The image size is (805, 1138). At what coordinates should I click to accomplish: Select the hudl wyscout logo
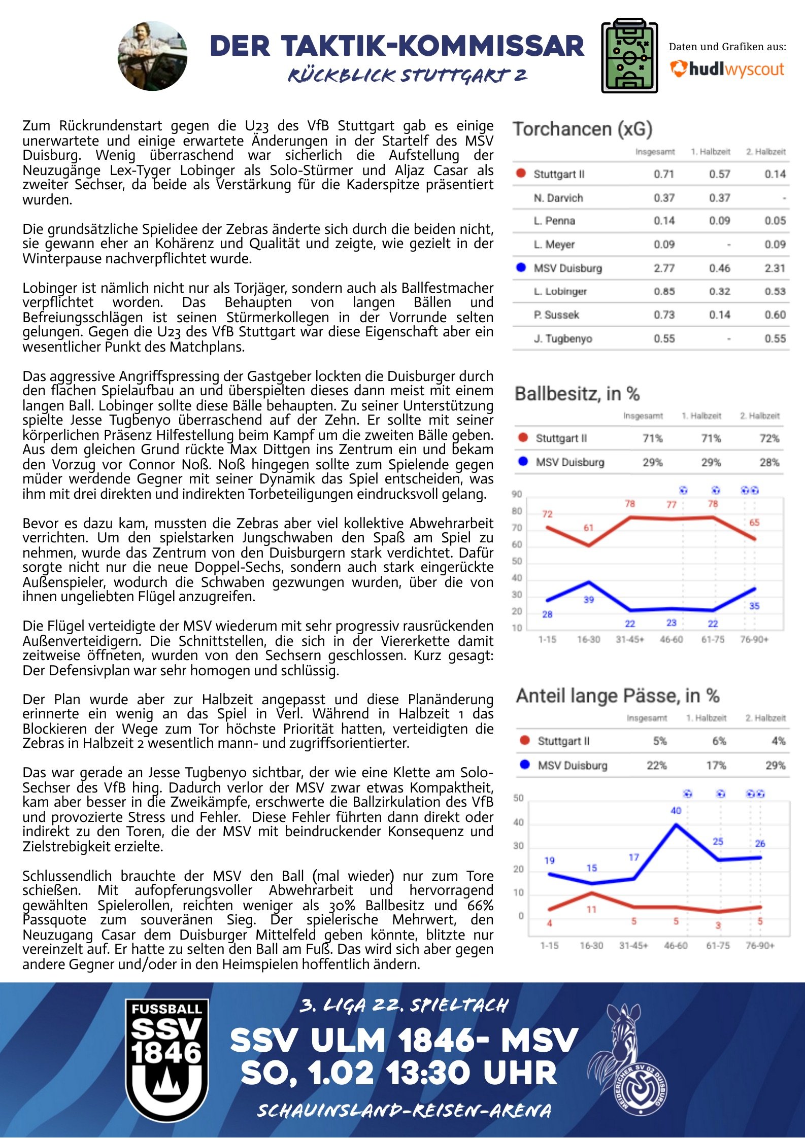(727, 69)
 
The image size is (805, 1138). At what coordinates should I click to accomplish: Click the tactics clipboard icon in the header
(629, 56)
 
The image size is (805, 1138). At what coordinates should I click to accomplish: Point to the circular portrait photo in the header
(152, 56)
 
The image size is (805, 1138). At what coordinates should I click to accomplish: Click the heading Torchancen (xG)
(582, 129)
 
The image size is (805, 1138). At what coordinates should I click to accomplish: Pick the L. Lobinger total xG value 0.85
(664, 292)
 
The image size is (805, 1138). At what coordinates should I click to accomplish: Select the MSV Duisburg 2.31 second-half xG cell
(775, 268)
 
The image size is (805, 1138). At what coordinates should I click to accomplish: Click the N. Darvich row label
(558, 198)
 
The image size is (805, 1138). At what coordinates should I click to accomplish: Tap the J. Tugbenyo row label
(562, 338)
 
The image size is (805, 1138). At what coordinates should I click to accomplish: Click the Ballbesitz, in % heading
(577, 394)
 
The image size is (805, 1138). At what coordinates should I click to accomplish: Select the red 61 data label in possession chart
(588, 528)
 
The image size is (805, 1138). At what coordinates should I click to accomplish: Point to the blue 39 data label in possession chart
(588, 600)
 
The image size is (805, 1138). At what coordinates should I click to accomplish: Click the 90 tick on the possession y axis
(517, 494)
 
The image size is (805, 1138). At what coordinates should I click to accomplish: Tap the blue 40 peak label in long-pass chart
(676, 811)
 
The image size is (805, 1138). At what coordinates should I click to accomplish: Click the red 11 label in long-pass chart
(591, 910)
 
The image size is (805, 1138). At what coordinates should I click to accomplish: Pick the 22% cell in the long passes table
(656, 765)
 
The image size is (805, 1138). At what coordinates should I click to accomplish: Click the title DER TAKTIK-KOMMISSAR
(397, 46)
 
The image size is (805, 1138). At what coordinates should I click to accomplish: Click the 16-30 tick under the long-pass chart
(591, 946)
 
